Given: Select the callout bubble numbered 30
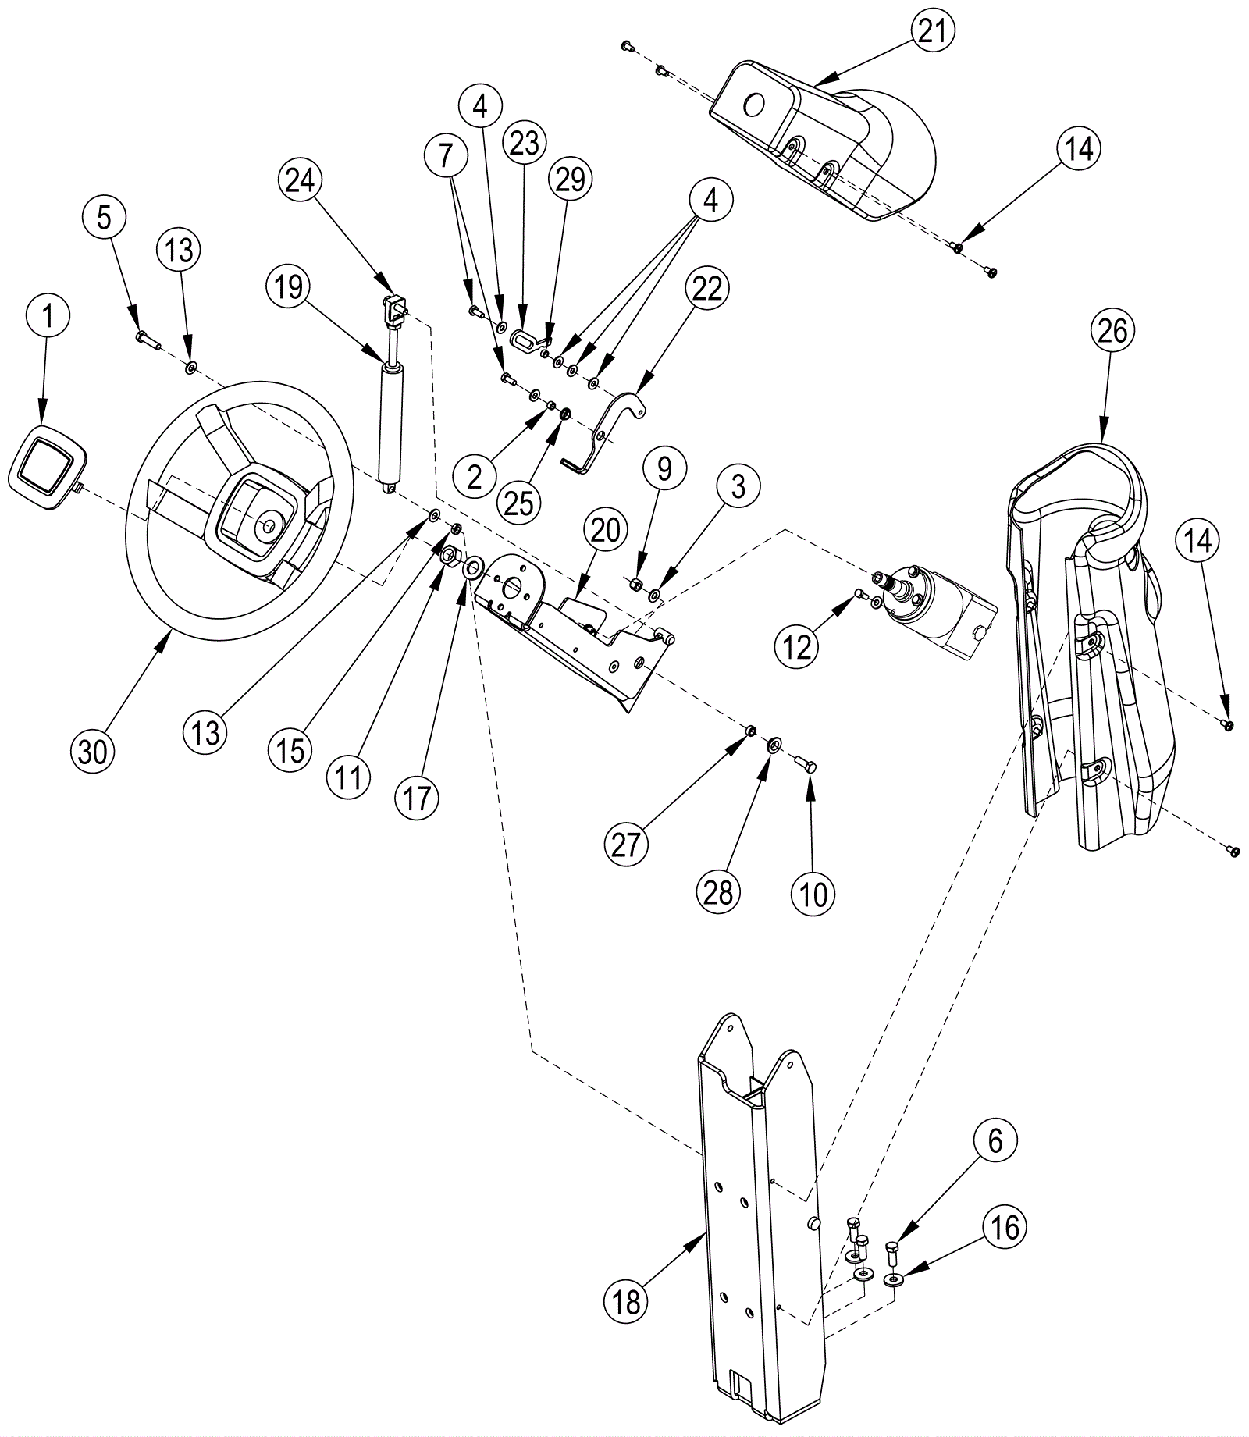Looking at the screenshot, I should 92,752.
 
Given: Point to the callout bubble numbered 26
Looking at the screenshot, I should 1112,331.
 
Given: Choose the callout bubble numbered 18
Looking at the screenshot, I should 627,1302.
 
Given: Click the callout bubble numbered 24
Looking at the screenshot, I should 301,181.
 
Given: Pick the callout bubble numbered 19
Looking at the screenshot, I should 288,287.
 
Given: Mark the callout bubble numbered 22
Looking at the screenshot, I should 707,289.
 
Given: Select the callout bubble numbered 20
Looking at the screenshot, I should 606,531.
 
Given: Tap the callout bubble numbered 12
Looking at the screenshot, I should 796,646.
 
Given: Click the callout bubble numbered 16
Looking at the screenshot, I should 1004,1228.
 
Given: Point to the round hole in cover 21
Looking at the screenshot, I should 753,105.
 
